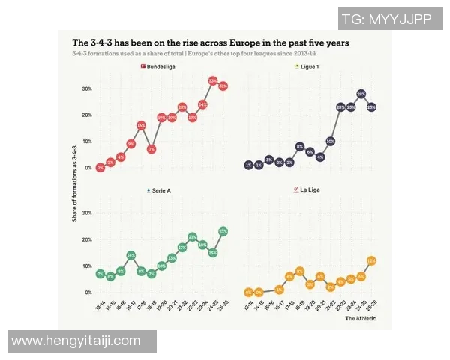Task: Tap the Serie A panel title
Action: [160, 191]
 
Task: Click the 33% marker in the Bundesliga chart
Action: [213, 80]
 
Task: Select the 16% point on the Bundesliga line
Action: [141, 125]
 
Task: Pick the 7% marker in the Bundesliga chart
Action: [151, 149]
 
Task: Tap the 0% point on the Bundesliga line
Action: [100, 168]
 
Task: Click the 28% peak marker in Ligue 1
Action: [361, 94]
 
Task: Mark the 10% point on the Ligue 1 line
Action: [330, 141]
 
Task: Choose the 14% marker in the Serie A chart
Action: [131, 256]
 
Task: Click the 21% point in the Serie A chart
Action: [193, 237]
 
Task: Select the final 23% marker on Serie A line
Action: [223, 232]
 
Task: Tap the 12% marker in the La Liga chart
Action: [371, 260]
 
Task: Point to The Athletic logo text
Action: [367, 318]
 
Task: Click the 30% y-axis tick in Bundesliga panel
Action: [87, 88]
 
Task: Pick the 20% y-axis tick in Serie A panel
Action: [87, 239]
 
